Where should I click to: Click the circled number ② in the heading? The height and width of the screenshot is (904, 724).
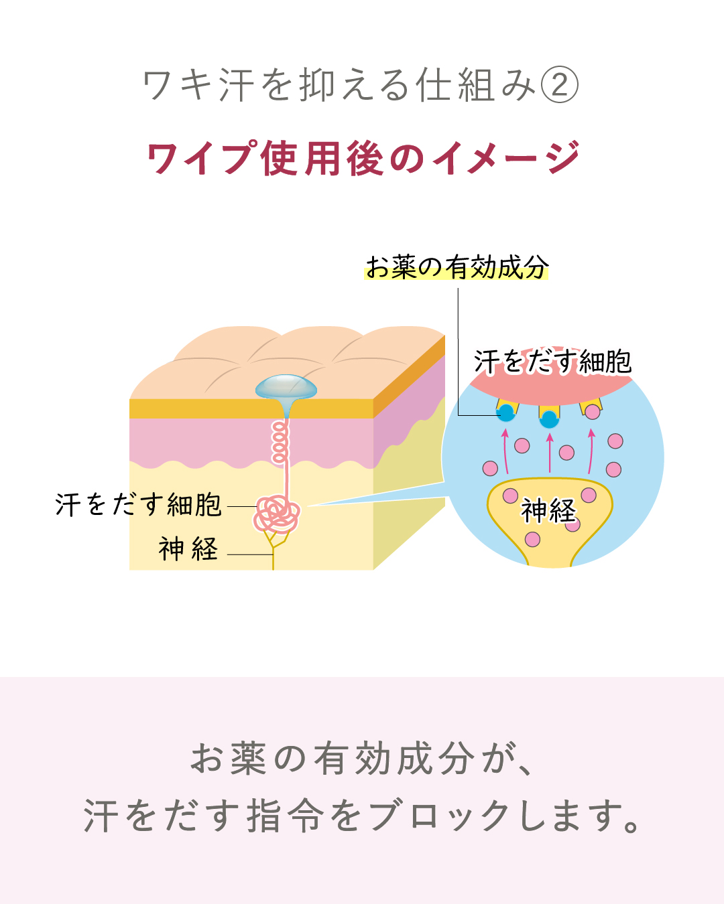pos(559,86)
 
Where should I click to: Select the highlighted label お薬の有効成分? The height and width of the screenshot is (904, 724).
pos(457,267)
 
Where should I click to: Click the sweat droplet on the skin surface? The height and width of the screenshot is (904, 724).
pos(286,387)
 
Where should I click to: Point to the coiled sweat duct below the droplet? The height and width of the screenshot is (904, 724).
pos(280,442)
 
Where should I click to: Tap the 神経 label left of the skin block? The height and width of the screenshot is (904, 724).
pos(188,549)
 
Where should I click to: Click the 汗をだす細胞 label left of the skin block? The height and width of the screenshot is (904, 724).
pos(139,505)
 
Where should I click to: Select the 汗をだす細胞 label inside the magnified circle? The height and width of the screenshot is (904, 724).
pos(552,362)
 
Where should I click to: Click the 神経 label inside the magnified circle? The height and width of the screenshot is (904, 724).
pos(548,511)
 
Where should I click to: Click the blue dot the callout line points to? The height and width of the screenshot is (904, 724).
pos(507,413)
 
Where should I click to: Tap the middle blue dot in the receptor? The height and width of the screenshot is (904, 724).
pos(550,419)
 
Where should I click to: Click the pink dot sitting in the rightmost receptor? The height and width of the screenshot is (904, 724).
pos(593,412)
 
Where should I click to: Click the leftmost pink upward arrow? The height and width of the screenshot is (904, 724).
pos(505,452)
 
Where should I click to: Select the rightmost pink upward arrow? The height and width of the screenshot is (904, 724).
pos(591,451)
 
